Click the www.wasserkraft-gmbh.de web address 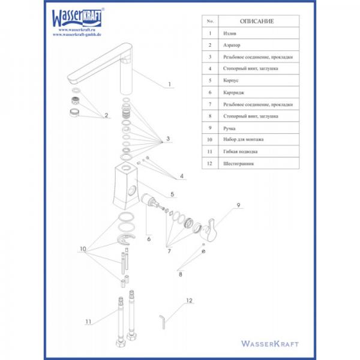coord(77,34)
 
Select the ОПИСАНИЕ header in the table coord(257,22)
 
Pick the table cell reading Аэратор coord(232,45)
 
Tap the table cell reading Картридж coord(233,92)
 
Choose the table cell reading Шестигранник coord(239,163)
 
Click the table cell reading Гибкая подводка coord(240,152)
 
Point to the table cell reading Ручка coord(229,128)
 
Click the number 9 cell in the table coord(210,128)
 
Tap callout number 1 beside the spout coord(169,84)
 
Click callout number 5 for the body coord(172,194)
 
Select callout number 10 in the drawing coord(83,248)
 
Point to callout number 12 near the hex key coord(189,301)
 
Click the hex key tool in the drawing coord(163,322)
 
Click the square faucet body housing coord(126,185)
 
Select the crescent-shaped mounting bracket coord(125,240)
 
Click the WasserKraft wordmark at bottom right coord(270,344)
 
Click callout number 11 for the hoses coord(88,322)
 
